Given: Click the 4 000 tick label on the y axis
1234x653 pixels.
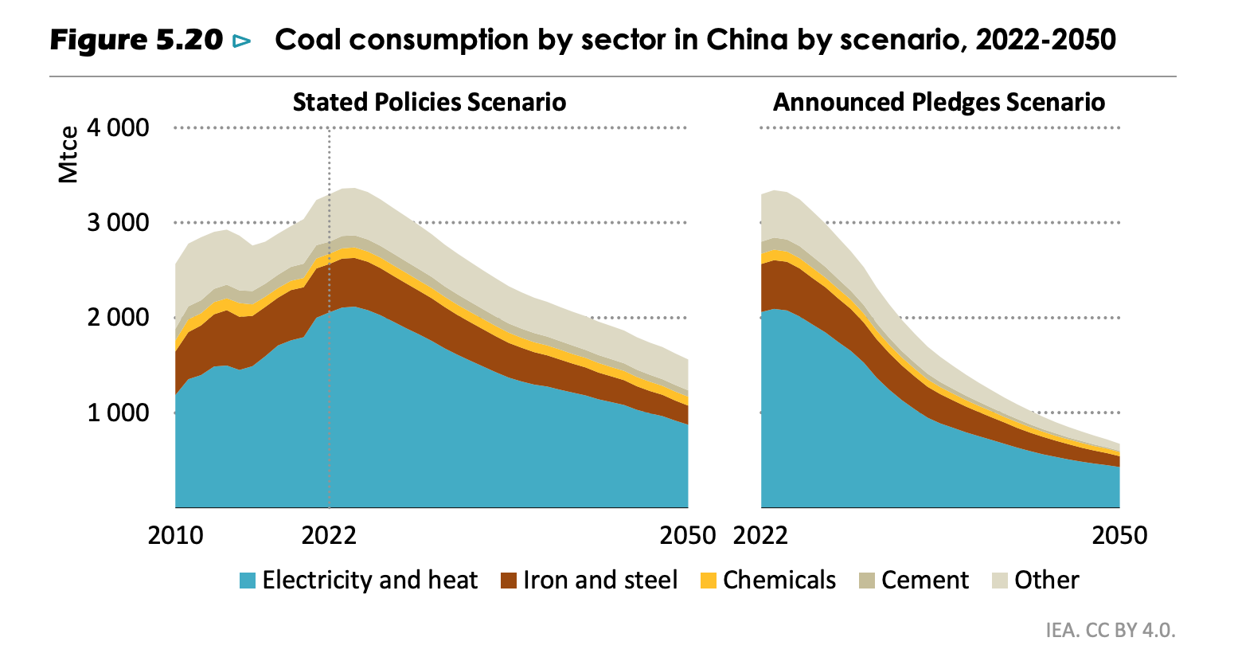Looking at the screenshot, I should [x=117, y=127].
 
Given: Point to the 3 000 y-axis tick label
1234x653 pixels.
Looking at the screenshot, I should [x=117, y=222].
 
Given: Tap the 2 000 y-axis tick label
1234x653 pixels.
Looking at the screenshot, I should [x=117, y=317].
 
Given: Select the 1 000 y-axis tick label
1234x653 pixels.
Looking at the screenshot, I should [x=117, y=413].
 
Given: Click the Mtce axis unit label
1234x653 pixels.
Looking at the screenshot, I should [x=69, y=155].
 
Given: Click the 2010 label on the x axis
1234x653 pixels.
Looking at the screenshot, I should [x=176, y=535].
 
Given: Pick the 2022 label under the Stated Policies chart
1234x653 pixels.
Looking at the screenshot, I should [x=329, y=535].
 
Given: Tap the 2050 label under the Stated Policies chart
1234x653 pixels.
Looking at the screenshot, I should [x=688, y=535].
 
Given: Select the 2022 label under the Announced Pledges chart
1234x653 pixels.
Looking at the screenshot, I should [x=761, y=535].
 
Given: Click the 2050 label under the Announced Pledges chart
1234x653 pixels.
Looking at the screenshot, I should [x=1119, y=535].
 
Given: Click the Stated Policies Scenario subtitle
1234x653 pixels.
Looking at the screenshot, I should [x=429, y=103].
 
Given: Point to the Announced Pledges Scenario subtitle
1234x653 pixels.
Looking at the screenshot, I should [x=939, y=103].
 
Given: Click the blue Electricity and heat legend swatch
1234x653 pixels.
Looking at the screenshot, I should [x=248, y=581].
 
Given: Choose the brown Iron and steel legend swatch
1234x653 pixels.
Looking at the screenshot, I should [x=509, y=581].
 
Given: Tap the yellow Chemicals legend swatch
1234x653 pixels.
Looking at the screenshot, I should [x=709, y=581].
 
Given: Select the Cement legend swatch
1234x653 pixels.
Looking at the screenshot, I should [x=867, y=581].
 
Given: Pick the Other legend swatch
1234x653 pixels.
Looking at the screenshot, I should [x=1000, y=581].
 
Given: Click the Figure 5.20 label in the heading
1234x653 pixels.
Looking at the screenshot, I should [x=136, y=40].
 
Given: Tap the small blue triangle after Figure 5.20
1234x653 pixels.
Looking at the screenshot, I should [x=241, y=41].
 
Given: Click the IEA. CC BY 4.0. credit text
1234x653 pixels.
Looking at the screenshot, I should [x=1111, y=630].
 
